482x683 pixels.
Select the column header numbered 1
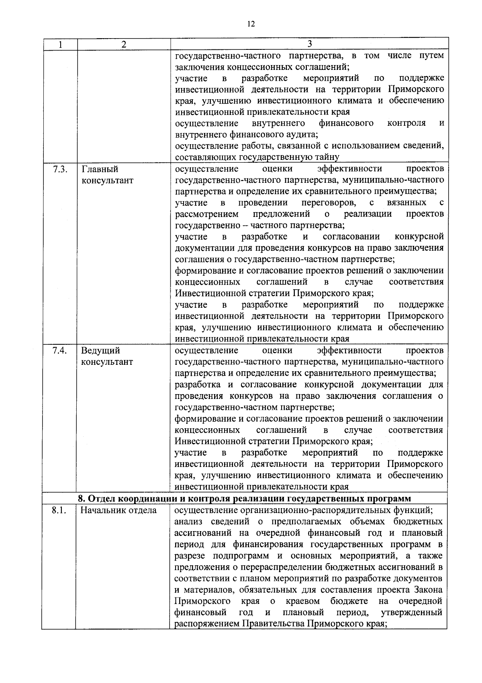59,45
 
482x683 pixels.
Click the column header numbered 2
124,45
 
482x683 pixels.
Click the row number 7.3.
59,169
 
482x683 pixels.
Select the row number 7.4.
59,350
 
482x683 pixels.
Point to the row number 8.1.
59,510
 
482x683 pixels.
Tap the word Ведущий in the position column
100,350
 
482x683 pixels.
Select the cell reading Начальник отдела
118,510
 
